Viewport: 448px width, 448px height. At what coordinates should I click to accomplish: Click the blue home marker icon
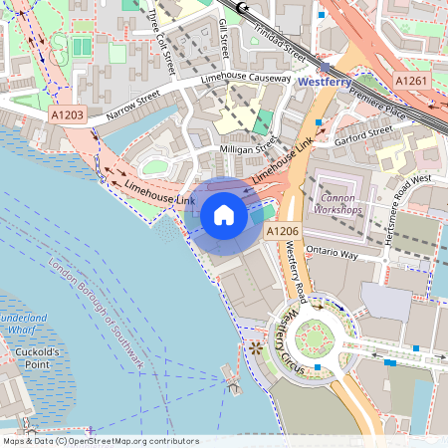coord(224,214)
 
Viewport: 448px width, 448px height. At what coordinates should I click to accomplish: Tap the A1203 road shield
coord(68,115)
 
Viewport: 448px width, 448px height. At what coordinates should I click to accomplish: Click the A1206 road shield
coord(282,231)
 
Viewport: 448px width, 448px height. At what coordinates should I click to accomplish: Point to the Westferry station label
coord(330,82)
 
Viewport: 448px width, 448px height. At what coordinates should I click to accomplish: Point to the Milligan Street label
coord(247,148)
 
